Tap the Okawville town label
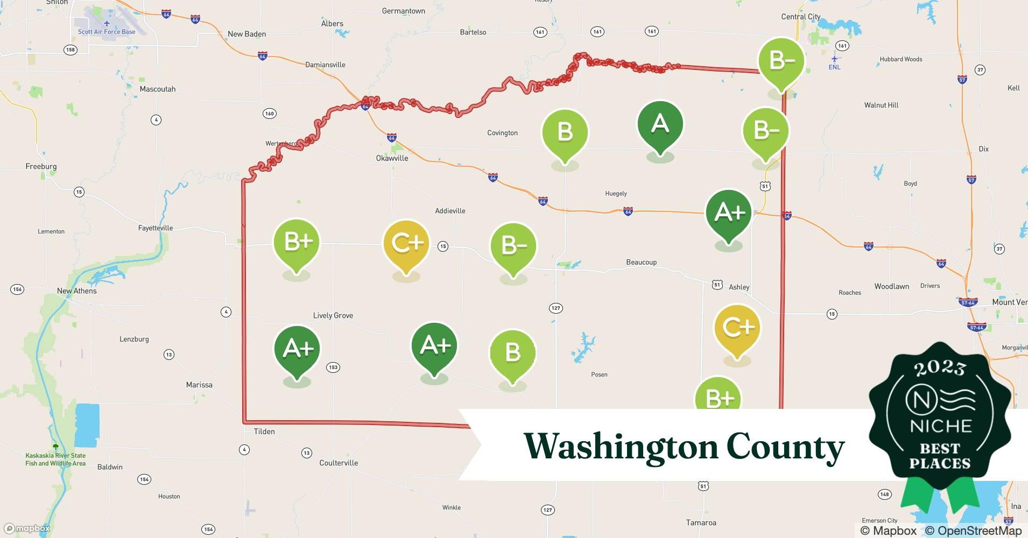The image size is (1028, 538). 392,158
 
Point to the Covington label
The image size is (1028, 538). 502,133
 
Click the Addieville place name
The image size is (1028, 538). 450,211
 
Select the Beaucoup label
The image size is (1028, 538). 641,263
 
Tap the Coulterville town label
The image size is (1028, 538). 339,463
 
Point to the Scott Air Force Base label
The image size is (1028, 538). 107,32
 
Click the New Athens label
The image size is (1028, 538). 77,291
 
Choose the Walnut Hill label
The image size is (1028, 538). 881,105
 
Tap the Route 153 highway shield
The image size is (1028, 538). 333,367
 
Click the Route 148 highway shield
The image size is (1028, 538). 884,494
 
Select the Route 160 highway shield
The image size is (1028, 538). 270,114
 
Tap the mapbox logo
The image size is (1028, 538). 27,528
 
